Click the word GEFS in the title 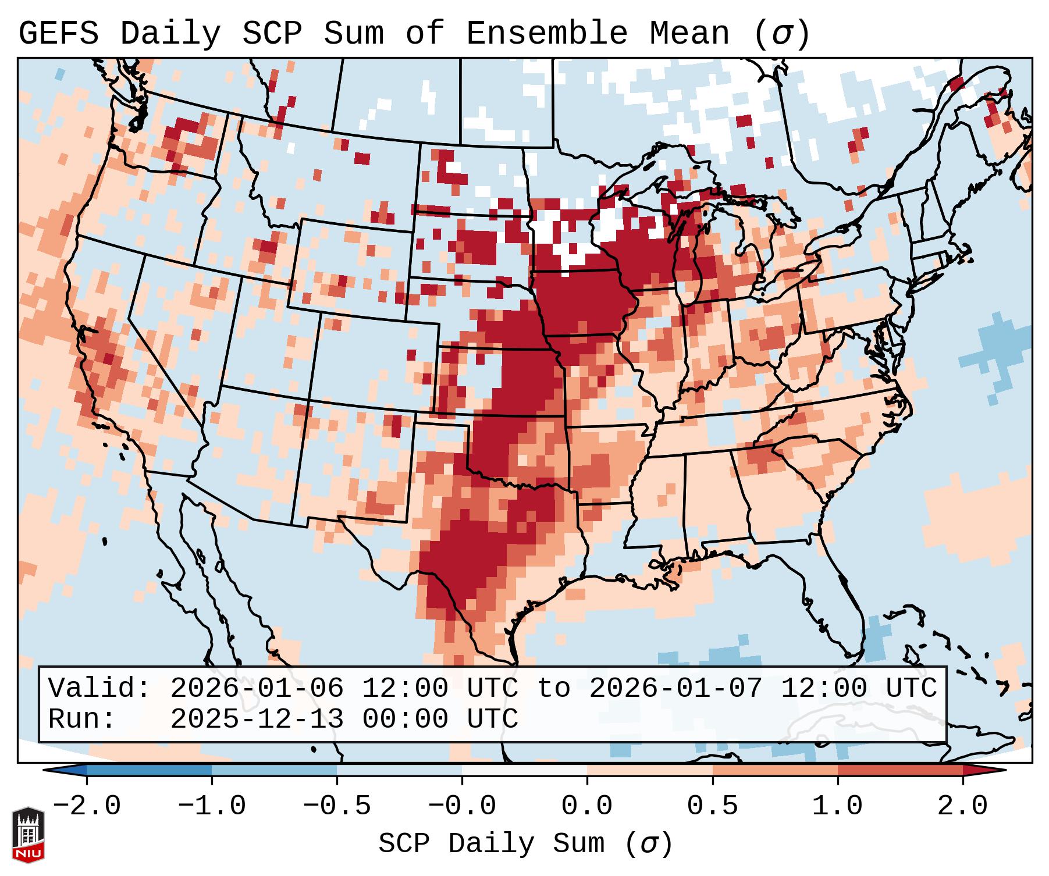pyautogui.click(x=58, y=34)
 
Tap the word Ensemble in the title pyautogui.click(x=546, y=34)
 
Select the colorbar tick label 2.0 pyautogui.click(x=962, y=806)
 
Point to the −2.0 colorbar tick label pyautogui.click(x=87, y=806)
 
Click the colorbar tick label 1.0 pyautogui.click(x=837, y=806)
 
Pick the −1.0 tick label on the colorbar pyautogui.click(x=212, y=806)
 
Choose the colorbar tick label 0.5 pyautogui.click(x=712, y=806)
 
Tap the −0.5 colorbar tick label pyautogui.click(x=337, y=806)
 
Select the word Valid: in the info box pyautogui.click(x=99, y=688)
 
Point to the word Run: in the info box pyautogui.click(x=82, y=719)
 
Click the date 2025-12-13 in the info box pyautogui.click(x=257, y=719)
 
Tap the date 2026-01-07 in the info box pyautogui.click(x=675, y=688)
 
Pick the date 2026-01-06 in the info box pyautogui.click(x=257, y=688)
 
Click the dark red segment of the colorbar pyautogui.click(x=900, y=770)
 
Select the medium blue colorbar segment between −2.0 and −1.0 pyautogui.click(x=149, y=770)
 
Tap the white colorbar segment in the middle pyautogui.click(x=524, y=770)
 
